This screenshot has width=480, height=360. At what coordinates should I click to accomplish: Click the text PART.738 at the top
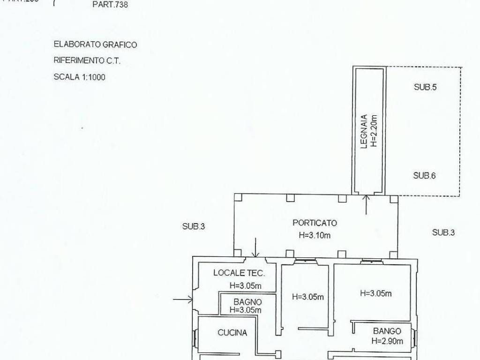pyautogui.click(x=110, y=6)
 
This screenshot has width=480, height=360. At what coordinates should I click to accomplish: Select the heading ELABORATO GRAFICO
pyautogui.click(x=95, y=45)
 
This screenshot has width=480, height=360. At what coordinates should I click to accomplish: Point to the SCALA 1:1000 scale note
pyautogui.click(x=79, y=77)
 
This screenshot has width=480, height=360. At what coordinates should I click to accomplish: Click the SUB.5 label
pyautogui.click(x=425, y=87)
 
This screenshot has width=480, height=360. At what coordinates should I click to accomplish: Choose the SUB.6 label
pyautogui.click(x=425, y=176)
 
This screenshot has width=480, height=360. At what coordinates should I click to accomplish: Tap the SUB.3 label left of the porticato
pyautogui.click(x=194, y=226)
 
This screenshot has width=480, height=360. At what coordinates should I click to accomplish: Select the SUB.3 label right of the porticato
pyautogui.click(x=443, y=232)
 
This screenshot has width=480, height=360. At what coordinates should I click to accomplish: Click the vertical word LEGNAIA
pyautogui.click(x=364, y=132)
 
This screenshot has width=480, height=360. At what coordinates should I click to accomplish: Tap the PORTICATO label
pyautogui.click(x=315, y=223)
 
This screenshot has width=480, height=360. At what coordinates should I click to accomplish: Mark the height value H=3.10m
pyautogui.click(x=315, y=235)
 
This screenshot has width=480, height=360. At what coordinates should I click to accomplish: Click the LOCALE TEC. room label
pyautogui.click(x=239, y=273)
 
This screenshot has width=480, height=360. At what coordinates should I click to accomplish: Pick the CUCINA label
pyautogui.click(x=232, y=333)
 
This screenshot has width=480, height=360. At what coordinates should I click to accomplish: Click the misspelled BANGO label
pyautogui.click(x=387, y=331)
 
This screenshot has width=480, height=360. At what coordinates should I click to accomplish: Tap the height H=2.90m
pyautogui.click(x=388, y=341)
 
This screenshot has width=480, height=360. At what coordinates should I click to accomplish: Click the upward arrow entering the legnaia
pyautogui.click(x=366, y=204)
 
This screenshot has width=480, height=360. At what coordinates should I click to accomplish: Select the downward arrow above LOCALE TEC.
pyautogui.click(x=255, y=247)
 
